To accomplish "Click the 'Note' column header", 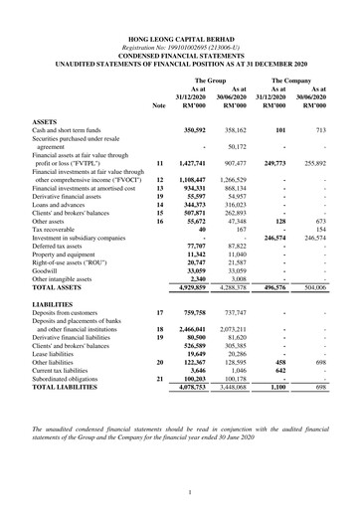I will pos(160,104).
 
